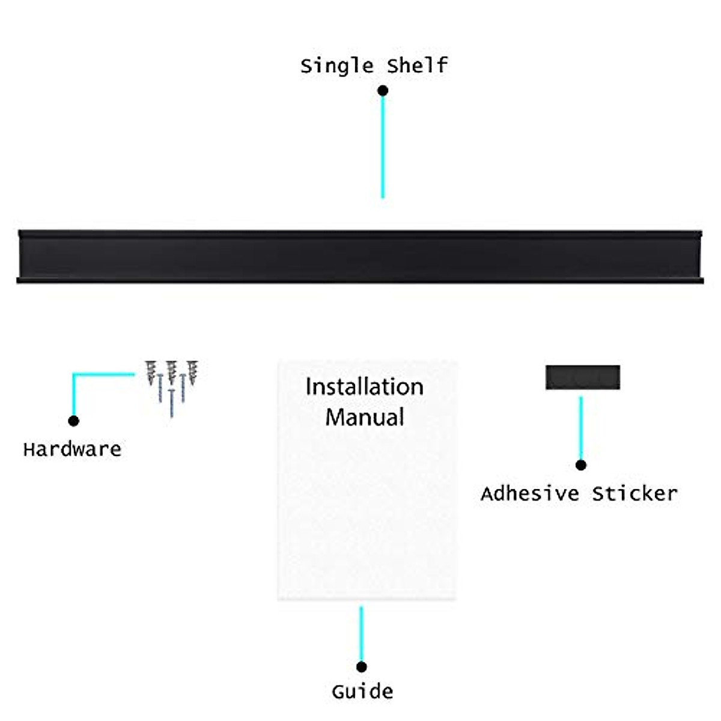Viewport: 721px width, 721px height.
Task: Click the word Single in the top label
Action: pos(336,65)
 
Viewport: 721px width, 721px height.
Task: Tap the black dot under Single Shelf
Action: pos(383,91)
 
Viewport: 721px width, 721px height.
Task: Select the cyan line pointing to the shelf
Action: pos(383,147)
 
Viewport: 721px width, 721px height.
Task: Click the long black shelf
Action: pos(360,257)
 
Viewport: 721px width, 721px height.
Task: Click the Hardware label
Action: pos(72,449)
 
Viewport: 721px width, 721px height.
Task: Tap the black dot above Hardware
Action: pos(73,421)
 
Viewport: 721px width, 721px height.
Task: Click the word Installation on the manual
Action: pos(364,386)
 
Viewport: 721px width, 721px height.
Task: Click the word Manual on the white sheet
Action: pos(364,417)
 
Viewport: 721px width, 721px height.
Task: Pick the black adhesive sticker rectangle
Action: pos(582,377)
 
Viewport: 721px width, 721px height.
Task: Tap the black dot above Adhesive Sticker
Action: pos(580,465)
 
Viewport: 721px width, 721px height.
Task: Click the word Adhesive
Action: pos(529,493)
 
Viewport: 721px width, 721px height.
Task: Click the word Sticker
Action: pos(634,493)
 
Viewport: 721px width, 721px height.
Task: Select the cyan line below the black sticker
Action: pos(580,428)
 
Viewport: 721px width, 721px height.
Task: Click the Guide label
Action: pos(362,691)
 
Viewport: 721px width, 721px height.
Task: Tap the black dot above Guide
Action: pos(361,666)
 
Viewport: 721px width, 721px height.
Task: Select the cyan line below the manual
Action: pos(361,634)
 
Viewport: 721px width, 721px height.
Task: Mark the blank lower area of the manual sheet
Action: pos(367,523)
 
